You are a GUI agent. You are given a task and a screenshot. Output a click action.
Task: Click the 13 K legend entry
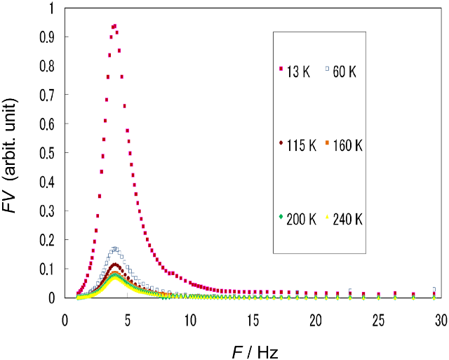point(294,71)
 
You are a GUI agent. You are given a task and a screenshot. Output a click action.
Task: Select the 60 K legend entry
point(341,71)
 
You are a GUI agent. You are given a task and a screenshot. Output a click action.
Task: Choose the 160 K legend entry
point(344,145)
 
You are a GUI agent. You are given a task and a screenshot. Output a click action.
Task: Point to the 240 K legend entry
point(344,220)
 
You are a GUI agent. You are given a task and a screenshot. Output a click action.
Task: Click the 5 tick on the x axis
point(128,320)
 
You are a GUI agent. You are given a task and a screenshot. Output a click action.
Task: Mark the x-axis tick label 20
point(316,320)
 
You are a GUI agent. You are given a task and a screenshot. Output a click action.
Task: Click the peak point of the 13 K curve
point(114,25)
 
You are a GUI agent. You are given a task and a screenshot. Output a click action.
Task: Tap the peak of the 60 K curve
point(116,248)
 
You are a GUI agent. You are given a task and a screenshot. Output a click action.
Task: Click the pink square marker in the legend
point(281,69)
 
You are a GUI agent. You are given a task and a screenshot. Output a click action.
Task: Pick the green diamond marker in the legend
point(281,218)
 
